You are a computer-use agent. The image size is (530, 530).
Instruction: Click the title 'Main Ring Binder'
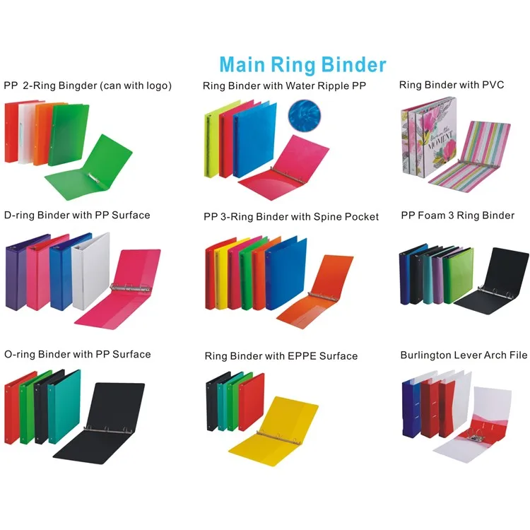(302, 65)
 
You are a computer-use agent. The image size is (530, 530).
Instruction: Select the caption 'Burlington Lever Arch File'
(464, 355)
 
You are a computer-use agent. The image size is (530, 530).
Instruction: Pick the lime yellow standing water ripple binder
(211, 142)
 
